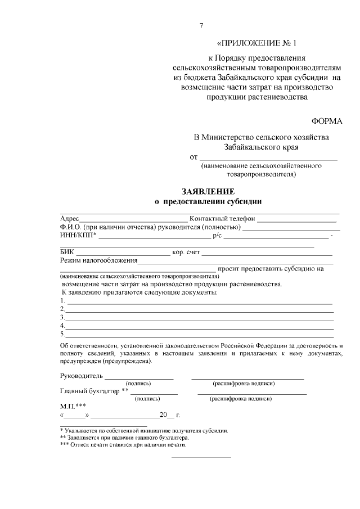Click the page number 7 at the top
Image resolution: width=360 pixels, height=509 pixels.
point(201,25)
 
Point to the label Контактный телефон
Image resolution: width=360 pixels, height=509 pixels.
point(223,219)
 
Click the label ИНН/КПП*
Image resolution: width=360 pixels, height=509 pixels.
point(78,235)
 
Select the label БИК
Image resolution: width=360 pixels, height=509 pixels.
point(67,253)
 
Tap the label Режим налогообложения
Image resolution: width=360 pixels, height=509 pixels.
point(98,261)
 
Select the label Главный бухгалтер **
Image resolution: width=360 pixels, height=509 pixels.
point(94,391)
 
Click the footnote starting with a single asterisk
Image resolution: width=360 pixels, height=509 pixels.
point(144,430)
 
